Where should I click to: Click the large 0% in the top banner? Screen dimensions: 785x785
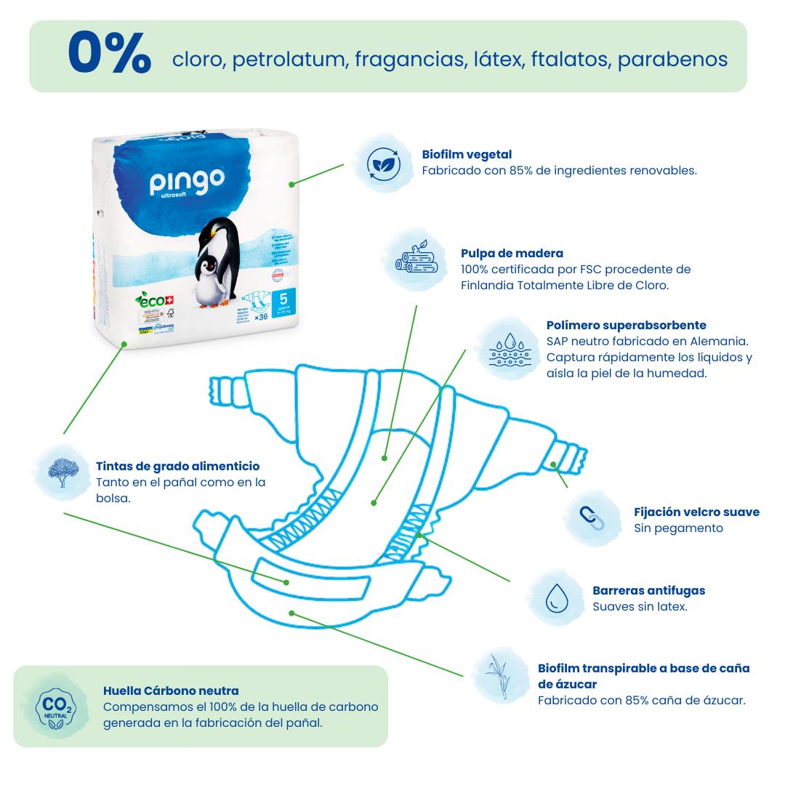(110, 55)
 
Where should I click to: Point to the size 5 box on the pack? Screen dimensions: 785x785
(283, 298)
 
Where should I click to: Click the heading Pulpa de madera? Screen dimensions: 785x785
(512, 253)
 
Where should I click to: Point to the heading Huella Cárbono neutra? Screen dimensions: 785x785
(171, 691)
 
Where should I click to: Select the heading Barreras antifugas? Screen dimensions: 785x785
(648, 590)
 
